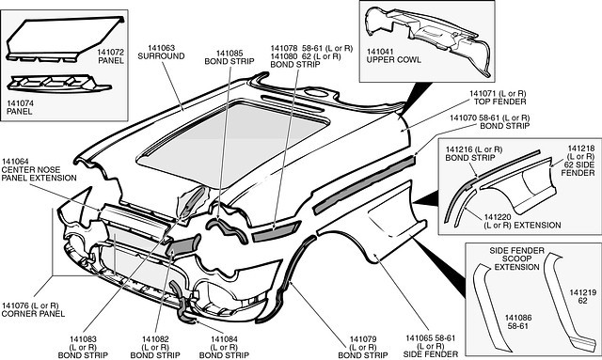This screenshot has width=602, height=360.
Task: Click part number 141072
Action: point(111,52)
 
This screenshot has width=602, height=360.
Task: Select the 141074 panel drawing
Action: point(57,84)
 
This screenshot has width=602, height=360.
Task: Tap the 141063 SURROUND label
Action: point(161,53)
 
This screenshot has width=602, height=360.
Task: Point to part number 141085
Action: point(230,54)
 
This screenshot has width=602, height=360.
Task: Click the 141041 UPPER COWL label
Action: point(393,55)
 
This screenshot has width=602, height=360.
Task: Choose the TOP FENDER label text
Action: point(499,102)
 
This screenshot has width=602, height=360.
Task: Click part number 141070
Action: point(464,117)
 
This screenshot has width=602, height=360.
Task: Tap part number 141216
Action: point(459,149)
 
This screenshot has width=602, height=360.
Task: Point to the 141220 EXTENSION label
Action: point(522,221)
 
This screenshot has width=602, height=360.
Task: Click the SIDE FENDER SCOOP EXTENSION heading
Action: point(516,258)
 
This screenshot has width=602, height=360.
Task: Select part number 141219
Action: point(583,292)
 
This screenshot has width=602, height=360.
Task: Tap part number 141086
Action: point(518,318)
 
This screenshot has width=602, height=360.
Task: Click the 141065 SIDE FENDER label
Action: point(431,346)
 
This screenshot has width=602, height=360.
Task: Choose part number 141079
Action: point(363,339)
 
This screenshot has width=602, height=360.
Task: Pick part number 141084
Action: point(224,339)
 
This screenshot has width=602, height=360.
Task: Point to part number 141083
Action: point(83,339)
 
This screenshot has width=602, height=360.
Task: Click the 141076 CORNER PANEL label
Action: point(33,310)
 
